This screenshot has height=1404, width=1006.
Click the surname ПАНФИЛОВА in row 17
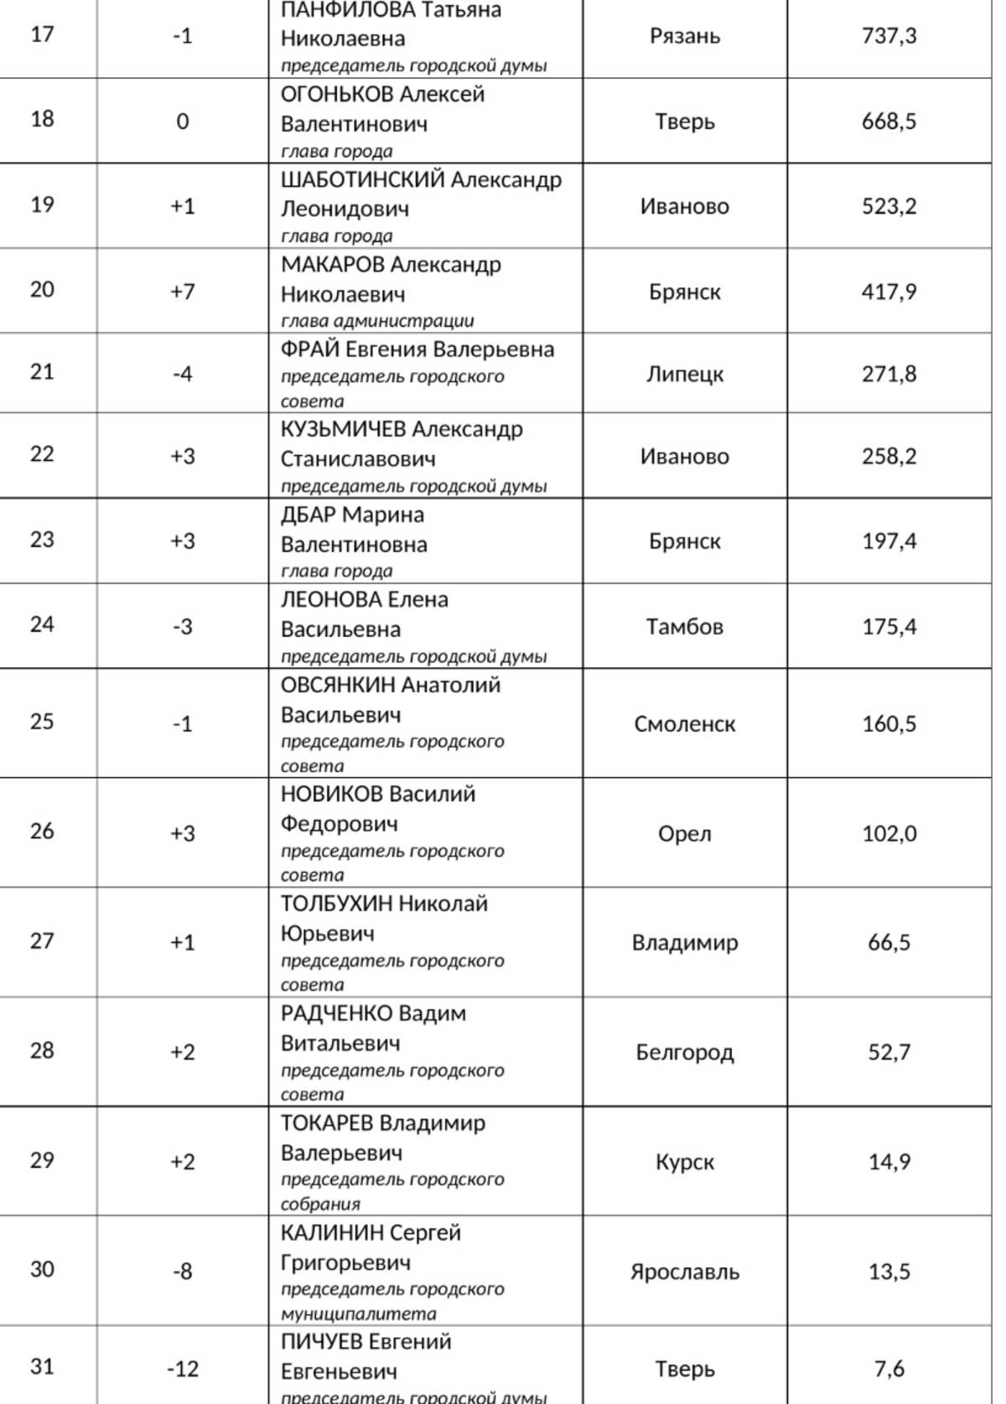click(x=348, y=10)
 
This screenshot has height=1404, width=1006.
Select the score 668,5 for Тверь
click(x=889, y=122)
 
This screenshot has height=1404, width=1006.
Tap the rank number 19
click(x=42, y=205)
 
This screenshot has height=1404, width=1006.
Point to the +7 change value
click(x=183, y=292)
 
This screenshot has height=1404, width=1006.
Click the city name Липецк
click(x=684, y=374)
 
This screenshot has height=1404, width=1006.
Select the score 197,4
click(x=889, y=541)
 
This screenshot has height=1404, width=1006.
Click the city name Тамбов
click(x=684, y=627)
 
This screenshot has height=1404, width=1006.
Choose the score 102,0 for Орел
click(x=889, y=834)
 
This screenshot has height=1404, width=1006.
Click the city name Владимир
click(x=684, y=943)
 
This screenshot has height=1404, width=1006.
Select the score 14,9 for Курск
click(x=889, y=1162)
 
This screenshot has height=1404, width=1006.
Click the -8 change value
click(x=183, y=1272)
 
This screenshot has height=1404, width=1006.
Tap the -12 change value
click(x=183, y=1370)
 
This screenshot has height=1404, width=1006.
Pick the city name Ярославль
click(x=684, y=1272)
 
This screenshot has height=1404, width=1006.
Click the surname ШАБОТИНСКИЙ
click(x=362, y=180)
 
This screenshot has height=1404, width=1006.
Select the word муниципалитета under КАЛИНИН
click(x=359, y=1313)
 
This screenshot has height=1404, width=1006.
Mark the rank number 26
click(x=42, y=832)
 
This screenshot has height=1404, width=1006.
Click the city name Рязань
click(x=684, y=36)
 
